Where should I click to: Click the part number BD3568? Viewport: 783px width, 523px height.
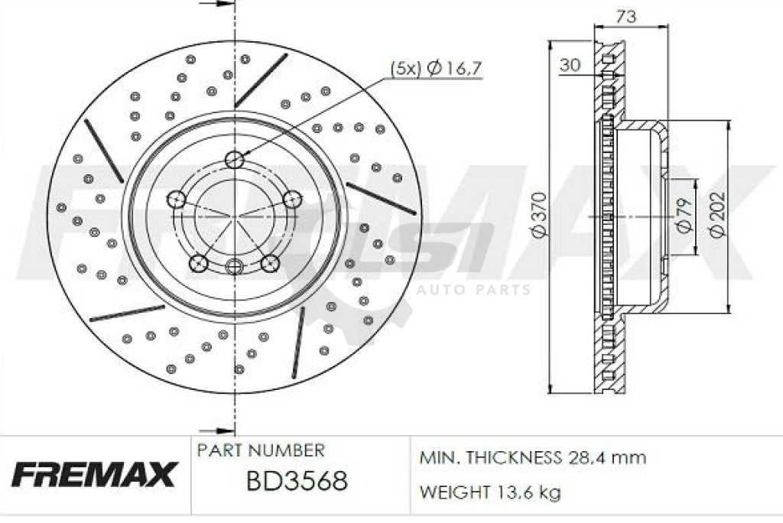(x=297, y=482)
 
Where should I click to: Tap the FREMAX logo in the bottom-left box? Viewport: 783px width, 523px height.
(x=93, y=474)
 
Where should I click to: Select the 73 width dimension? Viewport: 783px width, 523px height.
(x=626, y=17)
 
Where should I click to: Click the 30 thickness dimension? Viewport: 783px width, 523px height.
(x=570, y=65)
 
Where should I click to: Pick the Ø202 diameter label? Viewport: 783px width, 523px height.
(x=717, y=216)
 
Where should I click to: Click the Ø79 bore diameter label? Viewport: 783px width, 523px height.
(x=684, y=216)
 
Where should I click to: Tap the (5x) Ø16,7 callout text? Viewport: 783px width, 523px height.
(x=436, y=68)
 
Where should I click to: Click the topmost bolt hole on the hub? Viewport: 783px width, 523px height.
(x=234, y=160)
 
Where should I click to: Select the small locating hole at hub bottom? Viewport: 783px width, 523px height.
(x=234, y=266)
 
